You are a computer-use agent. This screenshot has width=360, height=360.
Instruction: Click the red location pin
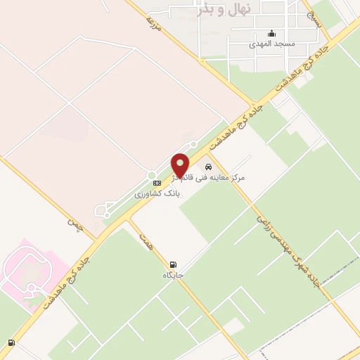click(x=180, y=165)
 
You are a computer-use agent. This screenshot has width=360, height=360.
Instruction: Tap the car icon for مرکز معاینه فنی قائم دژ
click(x=208, y=167)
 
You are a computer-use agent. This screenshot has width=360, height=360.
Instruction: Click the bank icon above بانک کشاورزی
click(x=157, y=183)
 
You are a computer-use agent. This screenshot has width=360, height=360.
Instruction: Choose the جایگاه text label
click(x=174, y=275)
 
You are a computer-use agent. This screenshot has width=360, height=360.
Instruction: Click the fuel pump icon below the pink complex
click(x=11, y=343)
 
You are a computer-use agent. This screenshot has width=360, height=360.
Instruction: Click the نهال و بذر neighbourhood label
click(x=225, y=10)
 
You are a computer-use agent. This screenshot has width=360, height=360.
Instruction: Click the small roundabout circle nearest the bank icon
click(x=150, y=175)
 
